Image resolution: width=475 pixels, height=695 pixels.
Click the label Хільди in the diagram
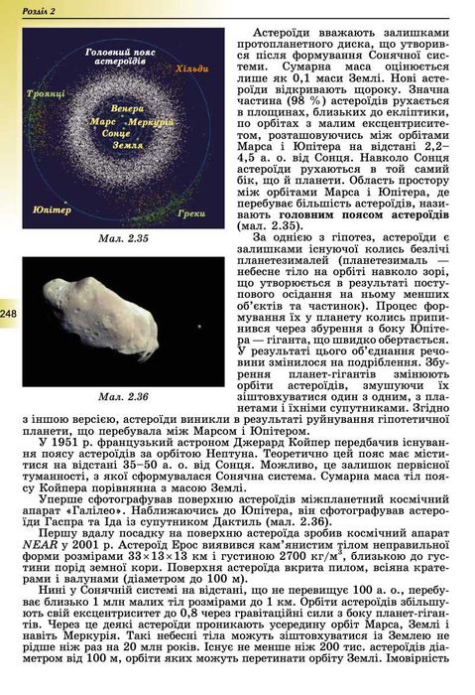[x=191, y=69]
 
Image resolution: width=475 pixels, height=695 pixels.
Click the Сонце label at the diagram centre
[x=117, y=132]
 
